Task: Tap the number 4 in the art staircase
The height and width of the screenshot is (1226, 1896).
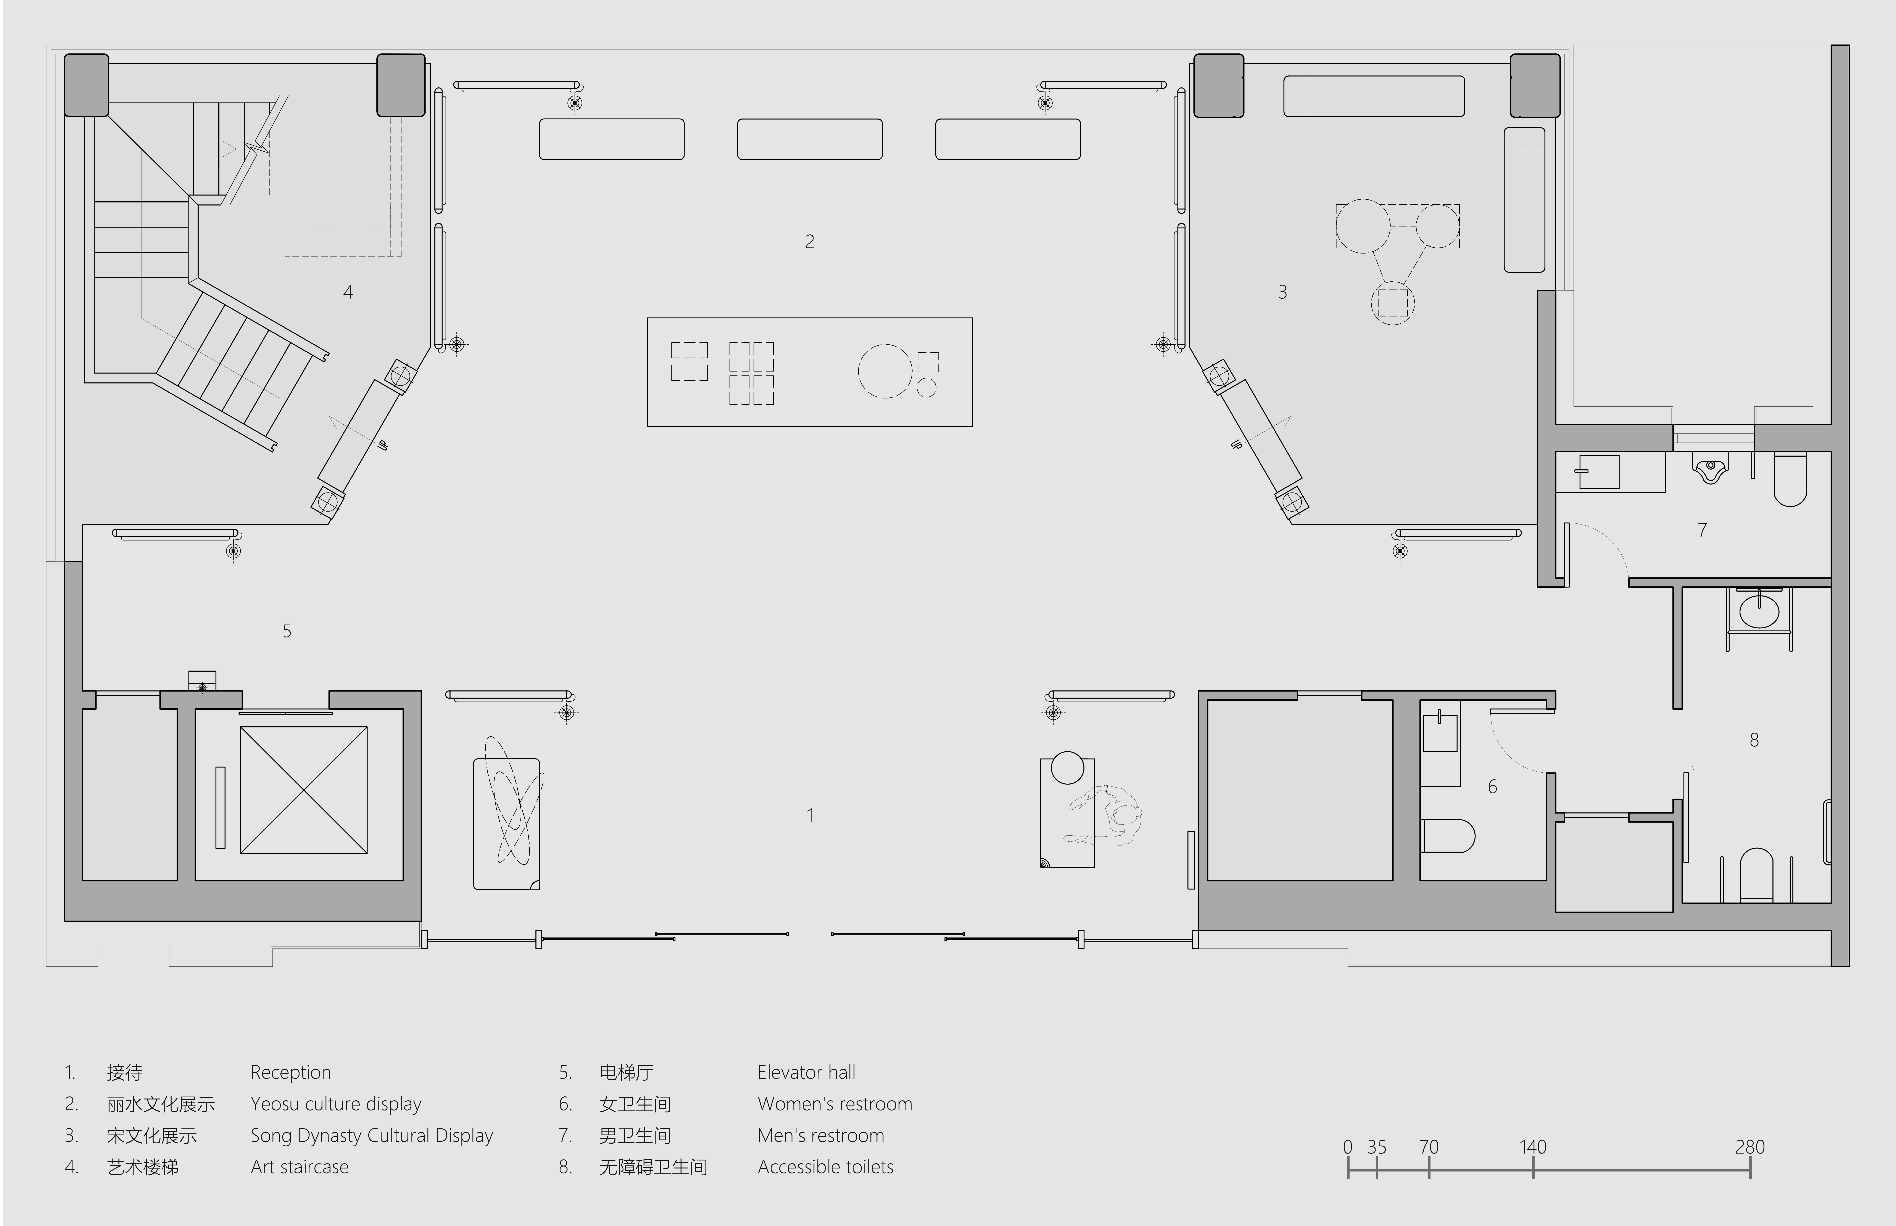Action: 348,292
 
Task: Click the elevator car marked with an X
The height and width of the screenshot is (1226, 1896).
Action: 303,790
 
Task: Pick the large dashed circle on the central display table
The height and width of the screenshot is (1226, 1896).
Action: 885,371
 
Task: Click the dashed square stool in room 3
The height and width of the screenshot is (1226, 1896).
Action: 1393,303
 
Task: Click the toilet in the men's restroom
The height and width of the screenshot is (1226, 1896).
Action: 1790,479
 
